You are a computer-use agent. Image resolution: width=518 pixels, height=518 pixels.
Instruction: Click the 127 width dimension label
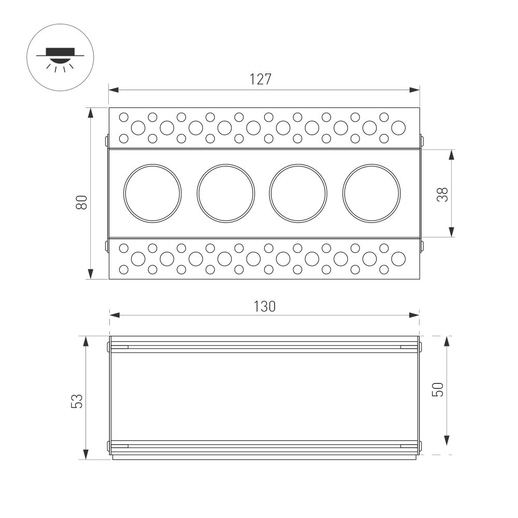(x=261, y=79)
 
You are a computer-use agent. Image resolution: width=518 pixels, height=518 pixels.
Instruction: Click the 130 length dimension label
(x=265, y=307)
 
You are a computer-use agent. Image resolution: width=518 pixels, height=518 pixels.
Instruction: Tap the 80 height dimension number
(x=81, y=202)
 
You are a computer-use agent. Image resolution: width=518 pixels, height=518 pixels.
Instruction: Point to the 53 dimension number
(x=77, y=401)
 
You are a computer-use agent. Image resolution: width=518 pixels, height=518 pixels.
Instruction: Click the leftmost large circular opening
(x=152, y=193)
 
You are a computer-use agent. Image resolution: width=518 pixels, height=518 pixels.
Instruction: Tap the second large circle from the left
(x=226, y=193)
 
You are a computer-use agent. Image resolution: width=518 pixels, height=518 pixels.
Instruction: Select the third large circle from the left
(x=298, y=193)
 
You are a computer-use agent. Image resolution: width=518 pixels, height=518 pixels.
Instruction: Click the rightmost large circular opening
(x=371, y=193)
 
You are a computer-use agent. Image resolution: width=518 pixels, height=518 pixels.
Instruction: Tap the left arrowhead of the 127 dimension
(x=113, y=90)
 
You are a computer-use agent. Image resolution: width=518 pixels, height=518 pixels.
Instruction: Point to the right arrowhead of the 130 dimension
(x=414, y=315)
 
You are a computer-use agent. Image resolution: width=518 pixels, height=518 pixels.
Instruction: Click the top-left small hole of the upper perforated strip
(x=124, y=117)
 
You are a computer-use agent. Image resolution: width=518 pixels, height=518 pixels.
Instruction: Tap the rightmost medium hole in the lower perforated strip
(x=398, y=258)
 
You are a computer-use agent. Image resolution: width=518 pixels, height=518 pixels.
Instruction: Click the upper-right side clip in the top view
(x=421, y=140)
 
